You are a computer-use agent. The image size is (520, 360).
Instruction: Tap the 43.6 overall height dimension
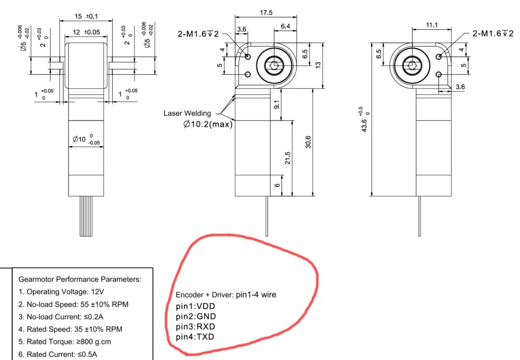click(x=364, y=120)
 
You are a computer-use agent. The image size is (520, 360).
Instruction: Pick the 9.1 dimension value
click(x=276, y=105)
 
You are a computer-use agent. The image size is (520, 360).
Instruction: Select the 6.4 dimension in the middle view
click(x=285, y=25)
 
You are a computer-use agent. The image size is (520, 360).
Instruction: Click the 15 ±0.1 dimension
click(x=85, y=16)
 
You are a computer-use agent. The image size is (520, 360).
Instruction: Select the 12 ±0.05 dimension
click(x=85, y=32)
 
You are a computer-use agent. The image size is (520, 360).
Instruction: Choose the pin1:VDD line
click(x=196, y=306)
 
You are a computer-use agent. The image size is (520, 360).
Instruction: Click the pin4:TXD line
click(x=195, y=337)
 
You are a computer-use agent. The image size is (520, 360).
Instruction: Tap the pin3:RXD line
click(x=196, y=327)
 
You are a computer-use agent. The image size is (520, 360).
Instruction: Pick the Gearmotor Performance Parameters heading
click(x=80, y=279)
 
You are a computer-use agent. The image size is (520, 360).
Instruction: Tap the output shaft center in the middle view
click(x=275, y=65)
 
